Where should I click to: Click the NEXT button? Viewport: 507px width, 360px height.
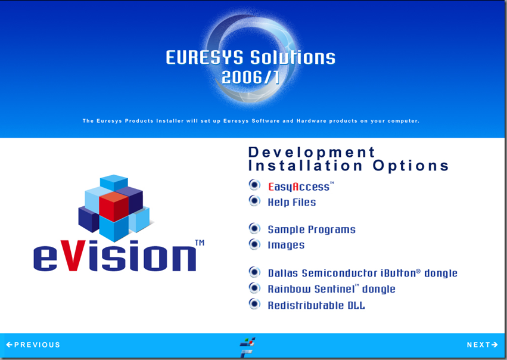pyautogui.click(x=482, y=345)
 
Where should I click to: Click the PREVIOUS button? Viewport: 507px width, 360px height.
pyautogui.click(x=33, y=345)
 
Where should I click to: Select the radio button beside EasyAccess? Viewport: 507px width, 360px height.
pyautogui.click(x=254, y=185)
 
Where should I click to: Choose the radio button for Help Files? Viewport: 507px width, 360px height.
pyautogui.click(x=254, y=201)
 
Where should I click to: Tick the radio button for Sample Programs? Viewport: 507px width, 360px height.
pyautogui.click(x=254, y=228)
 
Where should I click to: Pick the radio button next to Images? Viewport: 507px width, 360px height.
pyautogui.click(x=254, y=244)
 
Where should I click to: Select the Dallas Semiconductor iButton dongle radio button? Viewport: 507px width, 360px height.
pyautogui.click(x=254, y=272)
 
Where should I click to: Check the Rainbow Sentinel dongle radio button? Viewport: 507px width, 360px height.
pyautogui.click(x=254, y=288)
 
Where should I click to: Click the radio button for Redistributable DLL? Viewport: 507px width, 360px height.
pyautogui.click(x=254, y=304)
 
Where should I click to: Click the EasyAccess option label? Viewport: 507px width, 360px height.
pyautogui.click(x=301, y=187)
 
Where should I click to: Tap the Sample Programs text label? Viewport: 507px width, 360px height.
pyautogui.click(x=312, y=229)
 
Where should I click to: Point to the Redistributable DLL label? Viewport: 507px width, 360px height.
pyautogui.click(x=316, y=305)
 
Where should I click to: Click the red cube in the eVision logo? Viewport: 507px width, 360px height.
pyautogui.click(x=114, y=207)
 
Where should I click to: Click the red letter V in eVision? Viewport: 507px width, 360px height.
pyautogui.click(x=73, y=256)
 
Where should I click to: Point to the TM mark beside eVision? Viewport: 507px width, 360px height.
pyautogui.click(x=200, y=243)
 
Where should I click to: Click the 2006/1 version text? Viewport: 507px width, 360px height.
pyautogui.click(x=251, y=77)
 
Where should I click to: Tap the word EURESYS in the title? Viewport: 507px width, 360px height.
pyautogui.click(x=204, y=58)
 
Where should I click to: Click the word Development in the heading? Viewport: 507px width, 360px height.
pyautogui.click(x=312, y=153)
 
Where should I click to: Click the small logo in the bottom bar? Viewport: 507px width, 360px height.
pyautogui.click(x=247, y=347)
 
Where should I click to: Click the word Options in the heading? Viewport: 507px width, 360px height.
pyautogui.click(x=410, y=166)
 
